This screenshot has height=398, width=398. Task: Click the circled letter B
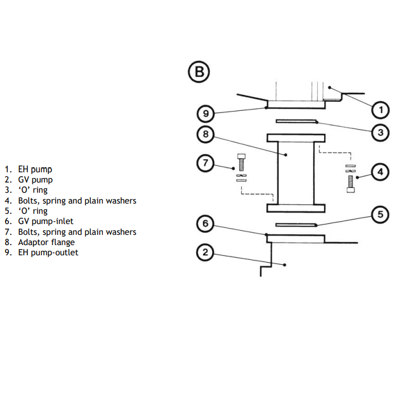tap(198, 72)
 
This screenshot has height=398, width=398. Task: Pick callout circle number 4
tap(380, 171)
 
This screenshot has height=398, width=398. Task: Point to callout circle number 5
tap(380, 214)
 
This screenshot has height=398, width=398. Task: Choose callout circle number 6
tap(205, 224)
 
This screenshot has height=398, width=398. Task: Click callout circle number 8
tap(205, 134)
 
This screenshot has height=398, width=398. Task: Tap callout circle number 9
tap(205, 114)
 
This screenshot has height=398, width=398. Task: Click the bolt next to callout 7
tap(242, 163)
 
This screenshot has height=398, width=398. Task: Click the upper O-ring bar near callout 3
tap(295, 121)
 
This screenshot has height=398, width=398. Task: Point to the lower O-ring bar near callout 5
tap(295, 225)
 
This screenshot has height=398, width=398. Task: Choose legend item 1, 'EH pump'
tap(35, 169)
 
